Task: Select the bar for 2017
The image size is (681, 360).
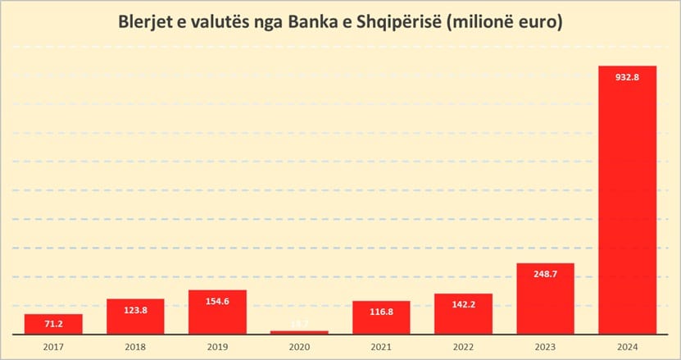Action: [x=53, y=325]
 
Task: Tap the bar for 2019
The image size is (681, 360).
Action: [x=217, y=312]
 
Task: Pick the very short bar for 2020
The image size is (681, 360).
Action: [x=299, y=332]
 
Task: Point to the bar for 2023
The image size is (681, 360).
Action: [x=545, y=298]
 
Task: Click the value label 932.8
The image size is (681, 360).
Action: [x=627, y=77]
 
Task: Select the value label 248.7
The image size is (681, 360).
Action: [x=545, y=275]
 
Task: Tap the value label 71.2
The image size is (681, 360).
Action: [x=53, y=325]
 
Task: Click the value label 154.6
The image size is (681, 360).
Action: [x=217, y=302]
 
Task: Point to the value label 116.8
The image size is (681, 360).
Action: [x=381, y=312]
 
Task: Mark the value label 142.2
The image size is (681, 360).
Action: [x=463, y=305]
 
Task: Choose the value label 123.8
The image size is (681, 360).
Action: [x=135, y=311]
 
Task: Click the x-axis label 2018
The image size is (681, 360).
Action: [x=135, y=348]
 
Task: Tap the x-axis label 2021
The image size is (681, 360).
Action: [x=381, y=348]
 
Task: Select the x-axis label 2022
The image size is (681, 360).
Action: [x=463, y=348]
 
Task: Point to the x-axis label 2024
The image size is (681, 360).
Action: [x=627, y=348]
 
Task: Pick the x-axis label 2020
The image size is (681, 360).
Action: [x=299, y=348]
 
